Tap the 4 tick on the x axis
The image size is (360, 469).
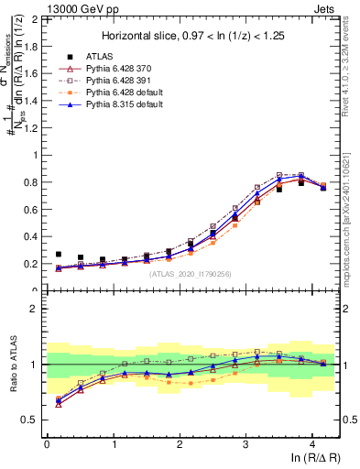click(312, 444)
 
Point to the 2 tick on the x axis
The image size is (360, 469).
click(180, 444)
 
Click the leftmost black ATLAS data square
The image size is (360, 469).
click(59, 254)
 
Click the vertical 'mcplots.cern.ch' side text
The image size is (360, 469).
click(350, 220)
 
